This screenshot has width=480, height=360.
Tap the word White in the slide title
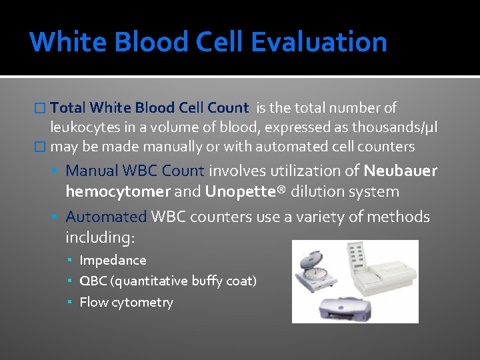click(69, 41)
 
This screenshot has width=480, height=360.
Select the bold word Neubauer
click(401, 171)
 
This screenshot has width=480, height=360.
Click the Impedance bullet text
click(113, 260)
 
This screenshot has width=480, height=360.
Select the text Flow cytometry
click(126, 302)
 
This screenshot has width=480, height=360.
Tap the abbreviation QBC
click(92, 281)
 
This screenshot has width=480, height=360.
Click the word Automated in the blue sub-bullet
click(106, 217)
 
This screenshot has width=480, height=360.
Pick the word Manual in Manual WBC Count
click(91, 171)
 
